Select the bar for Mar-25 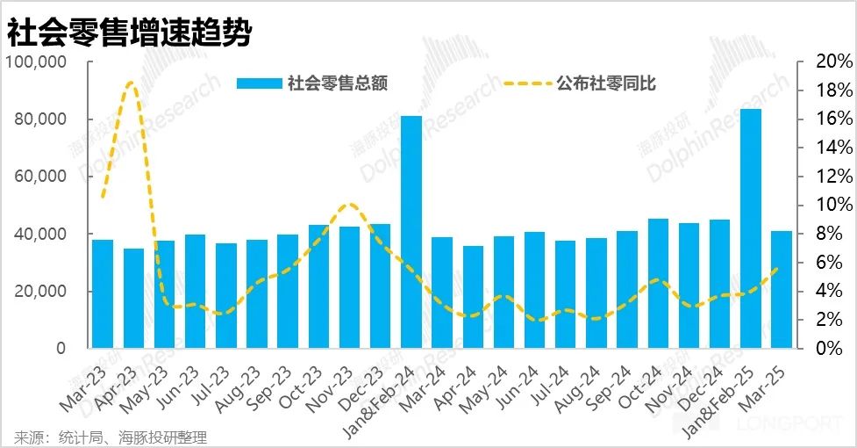pos(782,289)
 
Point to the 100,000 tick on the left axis pos(37,62)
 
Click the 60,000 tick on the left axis pos(40,177)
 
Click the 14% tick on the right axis pos(829,148)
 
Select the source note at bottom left pos(110,437)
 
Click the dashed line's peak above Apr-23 pos(131,83)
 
